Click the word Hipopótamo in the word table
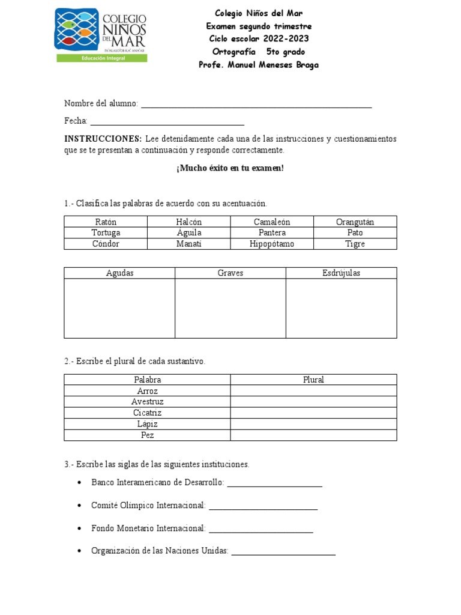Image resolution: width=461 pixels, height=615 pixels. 272,244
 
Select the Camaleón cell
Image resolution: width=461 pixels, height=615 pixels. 272,222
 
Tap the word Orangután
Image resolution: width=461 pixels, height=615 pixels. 355,222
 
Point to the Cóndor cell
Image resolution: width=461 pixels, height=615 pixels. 106,244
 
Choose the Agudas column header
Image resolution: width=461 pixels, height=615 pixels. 119,273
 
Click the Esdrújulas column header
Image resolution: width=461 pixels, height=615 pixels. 341,273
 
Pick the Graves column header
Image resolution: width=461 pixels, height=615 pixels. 230,273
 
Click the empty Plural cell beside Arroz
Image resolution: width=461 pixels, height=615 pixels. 313,391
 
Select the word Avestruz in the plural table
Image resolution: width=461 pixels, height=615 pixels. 147,402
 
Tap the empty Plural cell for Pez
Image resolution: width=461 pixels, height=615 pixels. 313,435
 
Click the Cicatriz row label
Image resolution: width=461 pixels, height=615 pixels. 147,413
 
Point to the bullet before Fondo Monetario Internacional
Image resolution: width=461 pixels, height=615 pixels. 80,529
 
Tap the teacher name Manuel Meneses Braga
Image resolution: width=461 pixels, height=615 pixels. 274,65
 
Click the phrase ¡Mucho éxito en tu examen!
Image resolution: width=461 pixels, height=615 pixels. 230,168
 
